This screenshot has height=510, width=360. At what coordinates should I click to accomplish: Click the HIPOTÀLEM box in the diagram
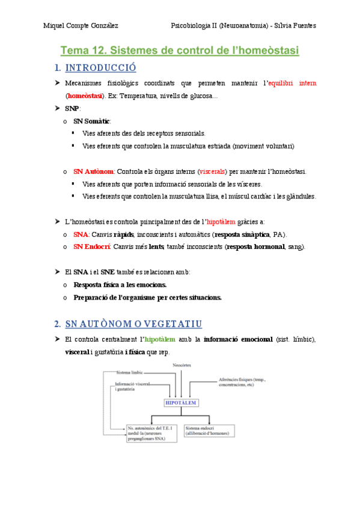pos(180,403)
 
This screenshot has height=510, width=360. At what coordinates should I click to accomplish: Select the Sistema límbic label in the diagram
pos(131,373)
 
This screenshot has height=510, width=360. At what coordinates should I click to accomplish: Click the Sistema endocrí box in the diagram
pos(209,431)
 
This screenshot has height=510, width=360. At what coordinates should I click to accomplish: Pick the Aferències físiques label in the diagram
pos(243,382)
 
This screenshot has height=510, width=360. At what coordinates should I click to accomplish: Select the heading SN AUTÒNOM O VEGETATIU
pos(133,324)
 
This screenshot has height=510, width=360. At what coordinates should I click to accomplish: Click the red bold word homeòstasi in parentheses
pos(84,95)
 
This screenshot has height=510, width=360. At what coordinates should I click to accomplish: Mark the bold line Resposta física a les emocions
pos(120,284)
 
